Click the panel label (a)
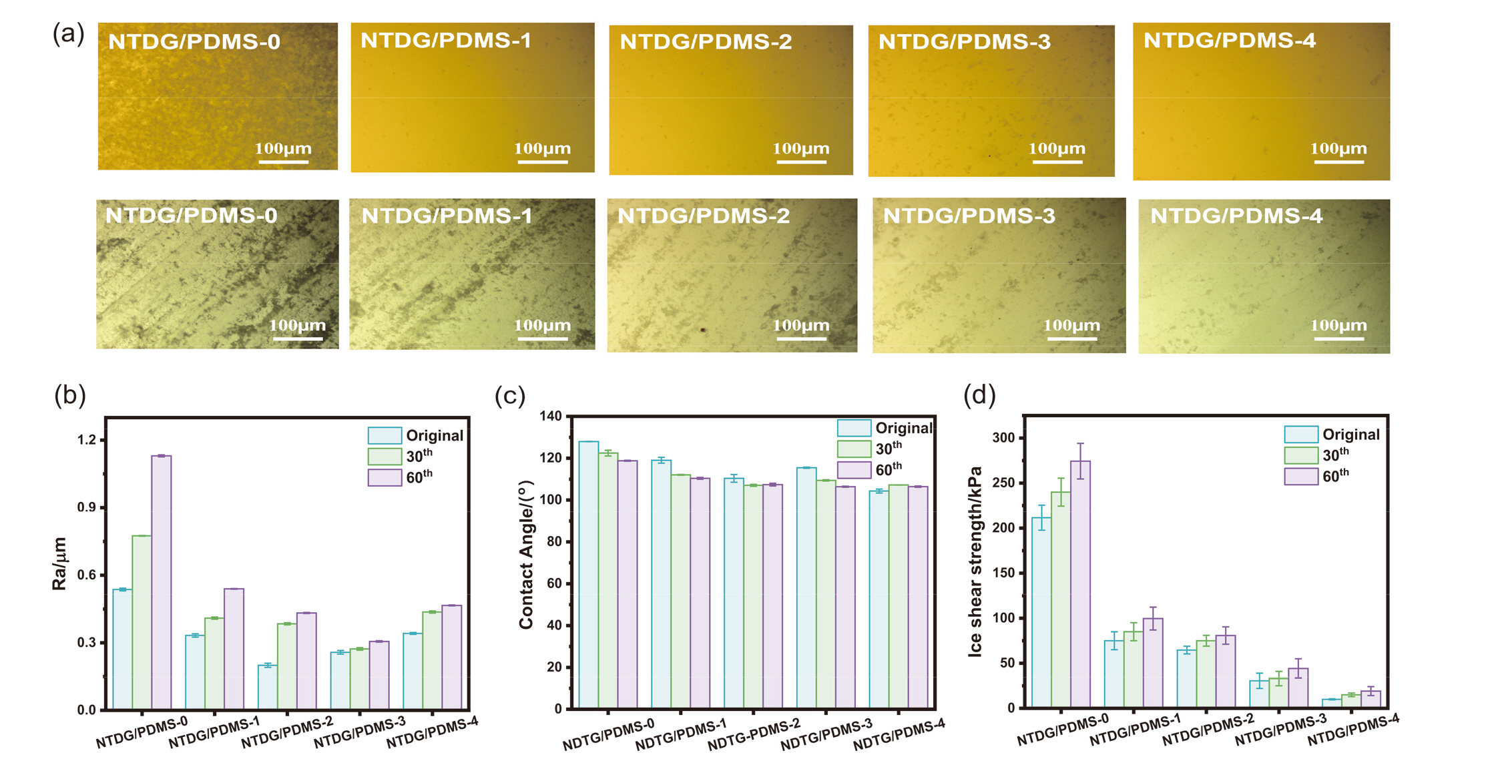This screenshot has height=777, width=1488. [x=68, y=33]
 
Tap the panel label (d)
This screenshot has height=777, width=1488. [x=979, y=395]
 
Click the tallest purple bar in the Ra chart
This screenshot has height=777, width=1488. [x=162, y=581]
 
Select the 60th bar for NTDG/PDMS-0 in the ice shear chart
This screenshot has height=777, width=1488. [x=1080, y=584]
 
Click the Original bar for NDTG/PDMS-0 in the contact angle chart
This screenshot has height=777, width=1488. [x=588, y=574]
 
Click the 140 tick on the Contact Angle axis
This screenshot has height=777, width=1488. [x=551, y=417]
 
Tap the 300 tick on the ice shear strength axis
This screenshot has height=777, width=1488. [x=1003, y=438]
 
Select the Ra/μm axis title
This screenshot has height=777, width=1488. [x=59, y=564]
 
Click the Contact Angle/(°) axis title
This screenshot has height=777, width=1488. [x=527, y=554]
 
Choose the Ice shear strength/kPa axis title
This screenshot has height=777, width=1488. [x=975, y=561]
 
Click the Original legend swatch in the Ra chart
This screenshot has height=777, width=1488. [x=385, y=436]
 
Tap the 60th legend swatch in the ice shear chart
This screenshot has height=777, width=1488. [x=1300, y=477]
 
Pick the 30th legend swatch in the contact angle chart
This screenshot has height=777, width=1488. [x=854, y=449]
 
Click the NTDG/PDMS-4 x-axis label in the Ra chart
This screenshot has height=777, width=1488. [x=433, y=732]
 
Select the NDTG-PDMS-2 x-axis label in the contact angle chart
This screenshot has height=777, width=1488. [x=754, y=734]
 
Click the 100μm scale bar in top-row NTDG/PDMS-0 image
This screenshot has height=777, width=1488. [x=283, y=161]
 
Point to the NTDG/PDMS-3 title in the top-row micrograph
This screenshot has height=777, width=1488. [x=964, y=42]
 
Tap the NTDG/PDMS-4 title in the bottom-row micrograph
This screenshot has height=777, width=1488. [x=1236, y=216]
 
